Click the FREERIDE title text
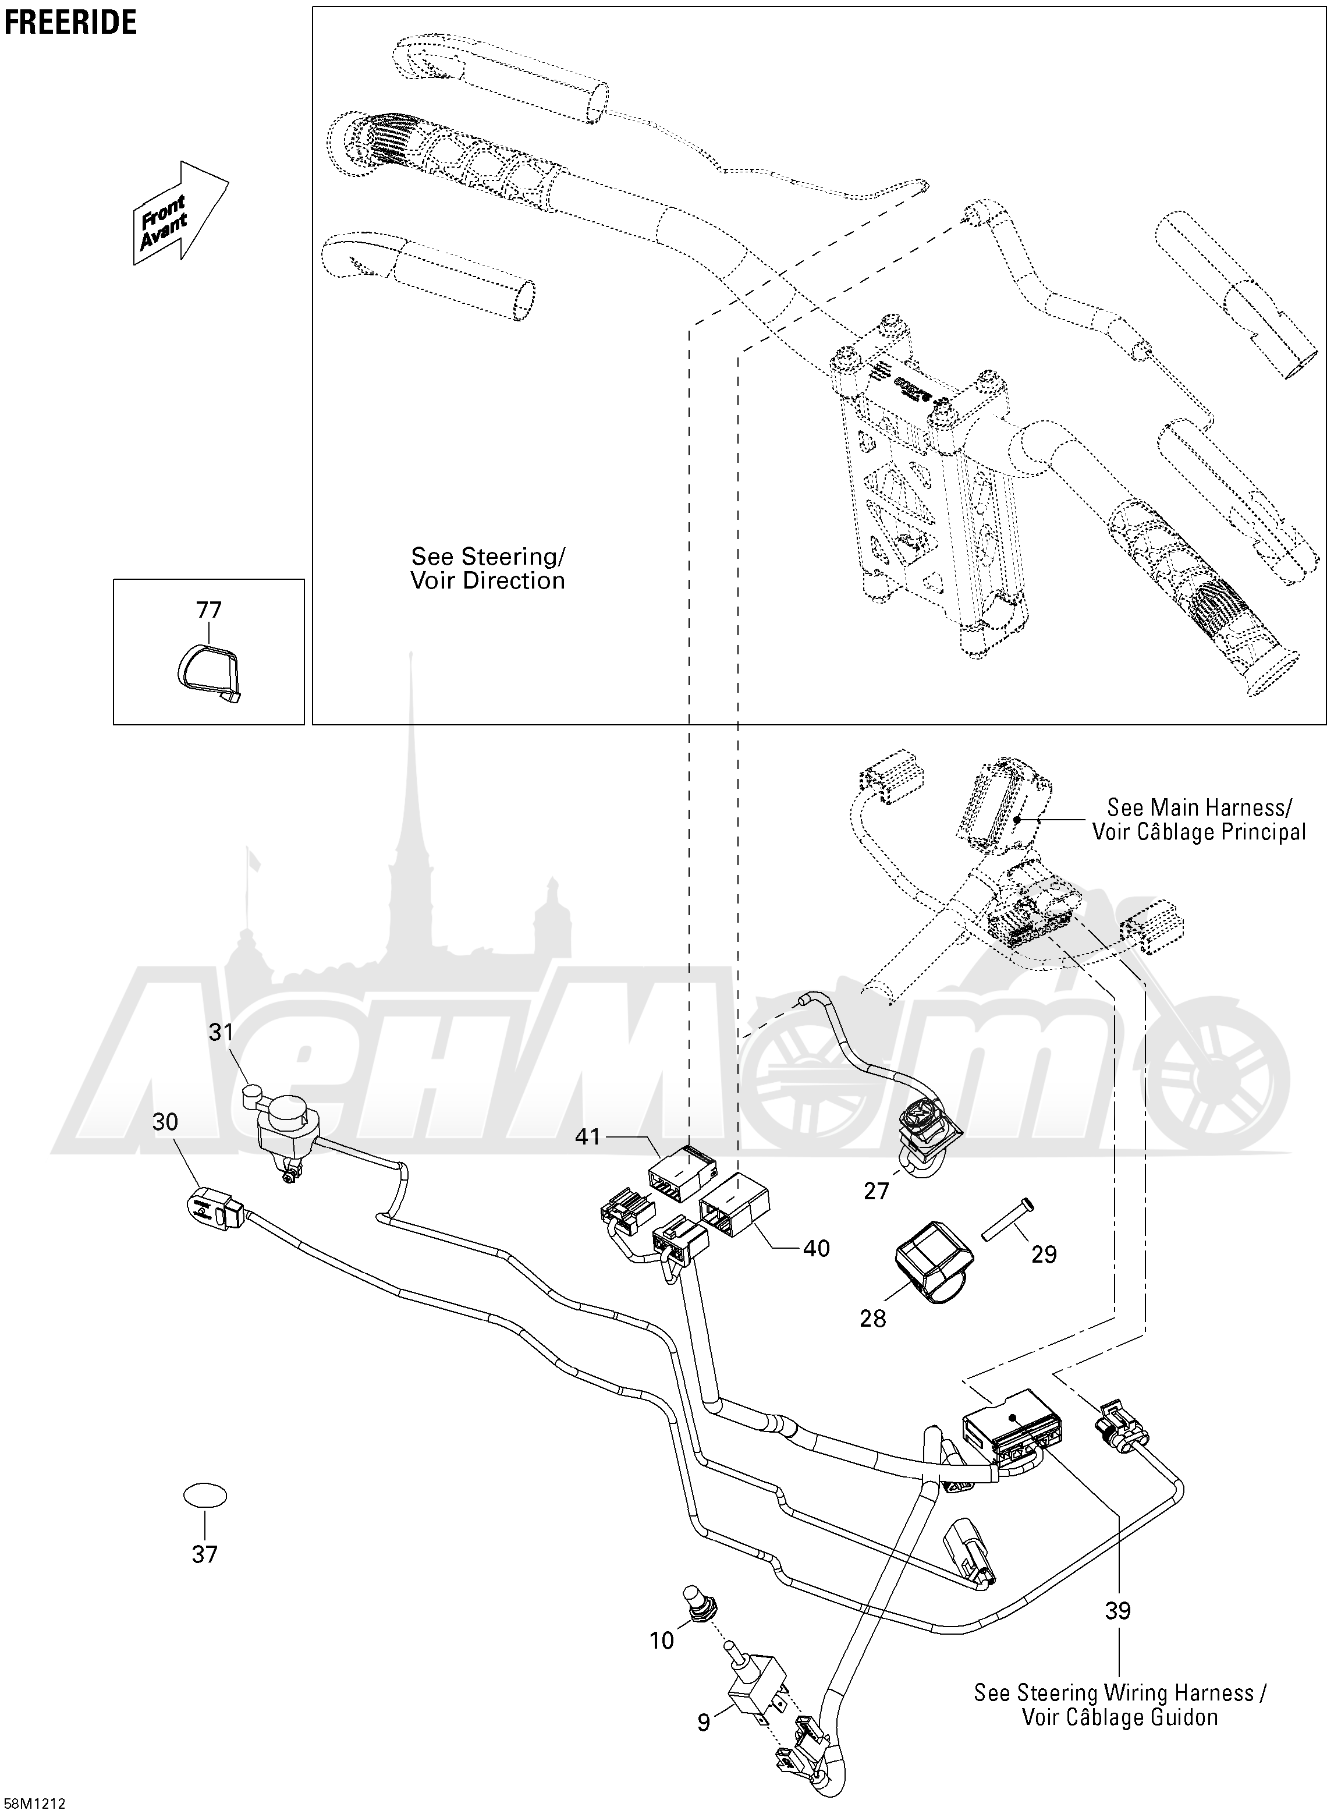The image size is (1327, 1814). click(70, 23)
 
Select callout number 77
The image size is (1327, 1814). click(209, 610)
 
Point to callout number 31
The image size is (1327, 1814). click(221, 1032)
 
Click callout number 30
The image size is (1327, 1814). click(165, 1121)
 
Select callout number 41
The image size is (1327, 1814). click(588, 1137)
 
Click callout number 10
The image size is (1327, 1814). click(661, 1641)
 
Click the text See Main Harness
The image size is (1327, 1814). click(1200, 807)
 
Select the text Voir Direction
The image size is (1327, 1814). click(488, 581)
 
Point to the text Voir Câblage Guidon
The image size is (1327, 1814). click(1120, 1717)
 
